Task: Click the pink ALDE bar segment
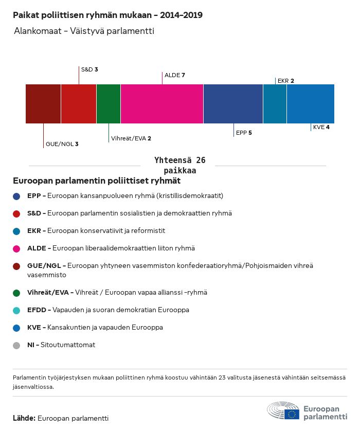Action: [162, 104]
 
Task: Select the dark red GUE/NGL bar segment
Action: [43, 104]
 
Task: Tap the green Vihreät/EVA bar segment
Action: [109, 104]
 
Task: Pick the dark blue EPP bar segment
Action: [233, 104]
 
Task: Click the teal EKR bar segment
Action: [275, 104]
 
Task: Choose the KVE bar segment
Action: [311, 104]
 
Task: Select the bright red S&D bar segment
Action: [79, 104]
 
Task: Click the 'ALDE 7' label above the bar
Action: [175, 75]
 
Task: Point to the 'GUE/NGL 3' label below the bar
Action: [62, 144]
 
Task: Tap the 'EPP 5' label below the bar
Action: [244, 133]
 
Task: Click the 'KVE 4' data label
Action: [321, 127]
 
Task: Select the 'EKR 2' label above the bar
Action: [285, 81]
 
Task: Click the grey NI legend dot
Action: [17, 345]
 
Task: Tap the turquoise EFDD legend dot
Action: [17, 310]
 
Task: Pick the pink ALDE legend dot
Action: [17, 248]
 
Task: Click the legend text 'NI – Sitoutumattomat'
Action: [61, 345]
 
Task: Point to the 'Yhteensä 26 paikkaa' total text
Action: [180, 165]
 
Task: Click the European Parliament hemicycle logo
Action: [283, 411]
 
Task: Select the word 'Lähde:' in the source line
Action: [24, 418]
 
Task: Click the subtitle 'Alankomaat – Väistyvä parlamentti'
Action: [84, 31]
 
